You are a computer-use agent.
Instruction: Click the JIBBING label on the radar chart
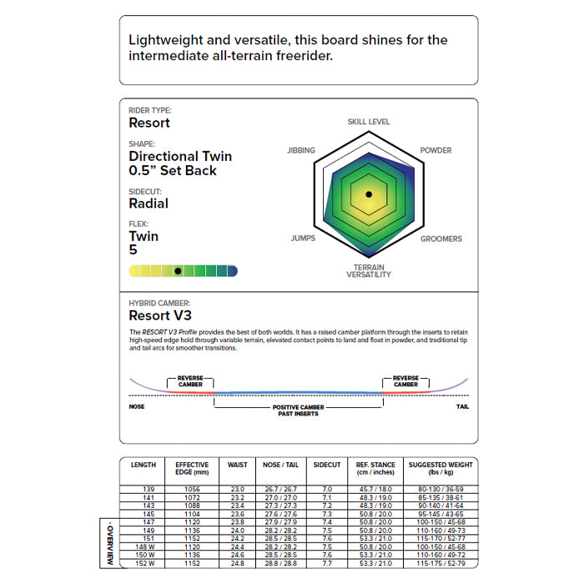click(x=300, y=150)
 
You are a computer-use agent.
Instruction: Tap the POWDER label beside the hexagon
click(x=435, y=150)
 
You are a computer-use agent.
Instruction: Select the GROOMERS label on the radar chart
click(x=441, y=239)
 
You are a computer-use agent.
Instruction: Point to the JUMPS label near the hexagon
click(x=303, y=239)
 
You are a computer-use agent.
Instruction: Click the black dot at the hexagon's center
click(x=368, y=194)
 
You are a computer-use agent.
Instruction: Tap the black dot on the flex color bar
click(x=178, y=271)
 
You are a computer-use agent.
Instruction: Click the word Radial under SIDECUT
click(x=149, y=204)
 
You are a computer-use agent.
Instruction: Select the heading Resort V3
click(x=160, y=316)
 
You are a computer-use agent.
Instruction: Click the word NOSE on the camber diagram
click(x=138, y=406)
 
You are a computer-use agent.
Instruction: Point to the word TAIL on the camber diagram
click(x=462, y=406)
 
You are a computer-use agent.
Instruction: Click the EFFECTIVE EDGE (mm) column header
click(x=193, y=468)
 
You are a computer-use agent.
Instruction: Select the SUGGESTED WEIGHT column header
click(x=441, y=468)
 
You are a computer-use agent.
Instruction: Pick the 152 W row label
click(x=143, y=565)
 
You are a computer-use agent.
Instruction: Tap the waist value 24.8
click(x=237, y=565)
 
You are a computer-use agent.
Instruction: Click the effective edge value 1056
click(x=193, y=489)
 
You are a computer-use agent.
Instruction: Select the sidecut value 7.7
click(x=327, y=565)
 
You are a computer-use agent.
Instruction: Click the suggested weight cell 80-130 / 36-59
click(x=441, y=489)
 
